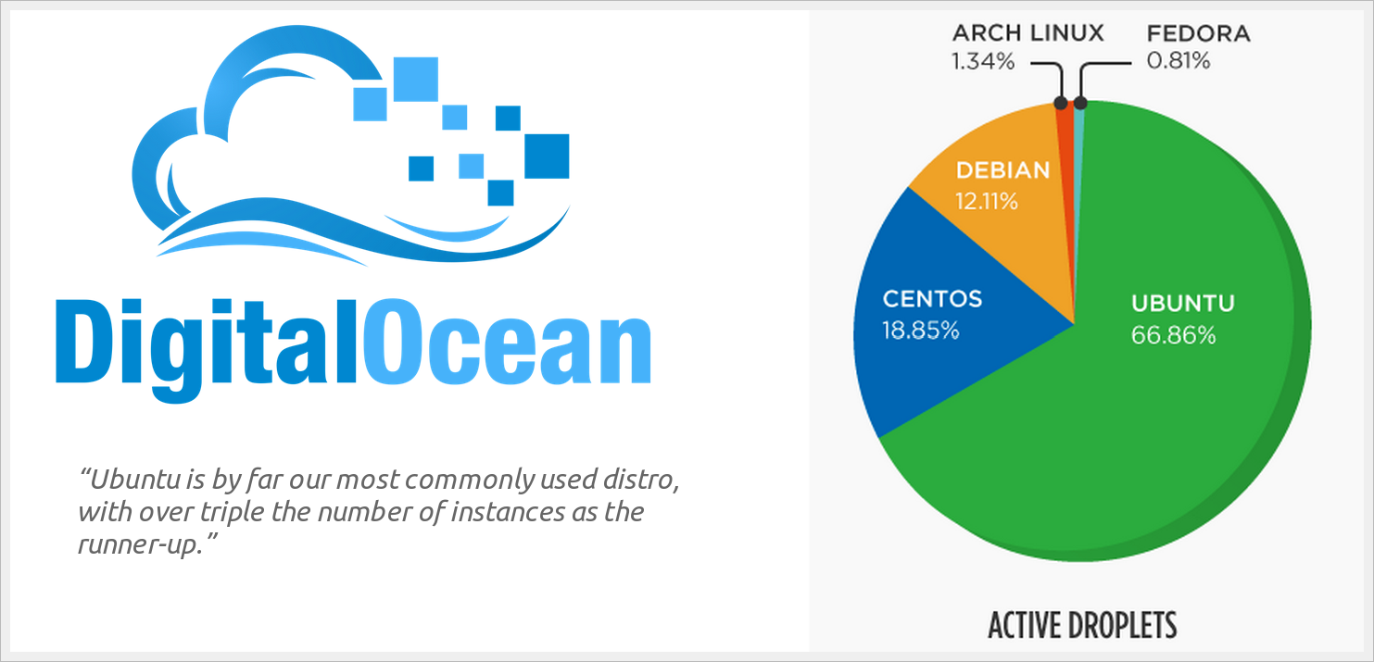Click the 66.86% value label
[1173, 335]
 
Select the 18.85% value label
[920, 330]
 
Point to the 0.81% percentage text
[1178, 62]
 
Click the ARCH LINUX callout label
[1028, 34]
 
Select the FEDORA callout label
[1198, 34]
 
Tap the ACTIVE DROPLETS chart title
[1082, 625]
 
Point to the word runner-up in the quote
[139, 543]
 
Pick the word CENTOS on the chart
[932, 299]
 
